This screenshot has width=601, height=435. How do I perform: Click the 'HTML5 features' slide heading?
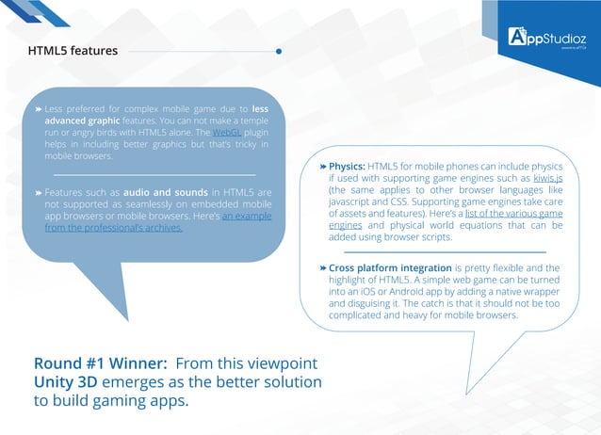pos(73,51)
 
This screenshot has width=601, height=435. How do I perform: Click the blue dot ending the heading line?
pos(279,51)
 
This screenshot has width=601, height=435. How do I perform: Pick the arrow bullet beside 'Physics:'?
pos(322,165)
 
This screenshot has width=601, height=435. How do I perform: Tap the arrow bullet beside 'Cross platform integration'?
pos(322,268)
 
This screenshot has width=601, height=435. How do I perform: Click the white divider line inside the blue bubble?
pos(154,174)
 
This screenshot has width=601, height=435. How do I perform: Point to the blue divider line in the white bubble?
pos(444,251)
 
